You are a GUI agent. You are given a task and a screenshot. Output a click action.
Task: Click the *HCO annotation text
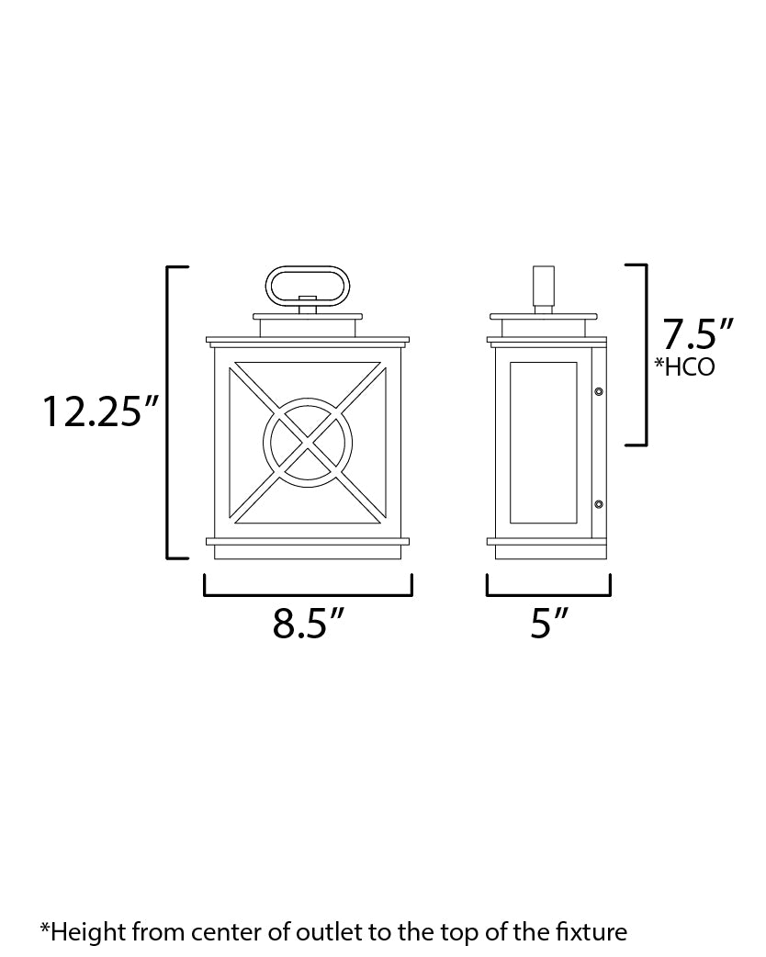pos(684,368)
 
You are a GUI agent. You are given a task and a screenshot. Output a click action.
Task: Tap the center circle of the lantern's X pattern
pos(307,441)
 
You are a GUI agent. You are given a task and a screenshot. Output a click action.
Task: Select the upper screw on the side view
pos(599,391)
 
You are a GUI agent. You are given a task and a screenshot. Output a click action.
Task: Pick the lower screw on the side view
pos(599,504)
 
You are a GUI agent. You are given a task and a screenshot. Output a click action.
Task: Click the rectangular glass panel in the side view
pos(543,443)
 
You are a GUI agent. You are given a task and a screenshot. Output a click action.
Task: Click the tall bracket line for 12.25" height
pos(168,411)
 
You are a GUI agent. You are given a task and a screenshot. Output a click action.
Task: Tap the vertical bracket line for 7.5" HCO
pos(646,355)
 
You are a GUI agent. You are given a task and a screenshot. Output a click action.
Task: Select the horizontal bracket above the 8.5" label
pos(308,594)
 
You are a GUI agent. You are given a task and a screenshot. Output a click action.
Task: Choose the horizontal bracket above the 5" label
pos(549,594)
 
